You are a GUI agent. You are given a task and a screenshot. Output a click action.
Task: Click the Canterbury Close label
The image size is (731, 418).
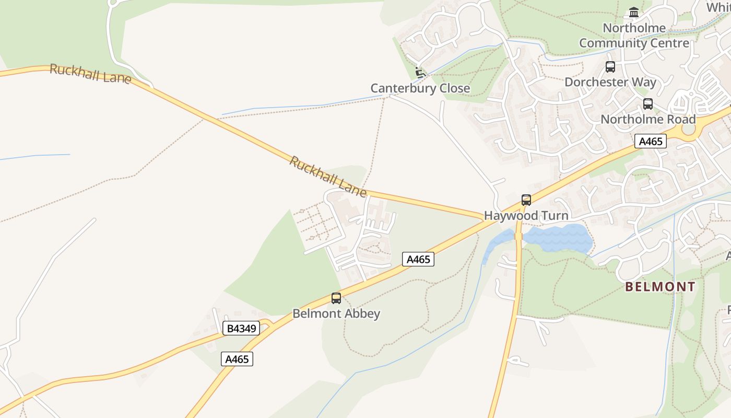[420, 88]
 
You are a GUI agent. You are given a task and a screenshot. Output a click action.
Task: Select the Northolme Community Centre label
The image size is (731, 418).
[634, 36]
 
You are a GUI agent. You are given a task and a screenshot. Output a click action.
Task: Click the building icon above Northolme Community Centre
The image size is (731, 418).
[634, 12]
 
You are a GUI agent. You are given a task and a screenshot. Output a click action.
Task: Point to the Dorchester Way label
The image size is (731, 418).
[610, 82]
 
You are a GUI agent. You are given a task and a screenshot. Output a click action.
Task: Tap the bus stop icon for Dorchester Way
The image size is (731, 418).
[610, 67]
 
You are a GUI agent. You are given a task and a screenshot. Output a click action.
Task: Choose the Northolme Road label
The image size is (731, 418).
[648, 119]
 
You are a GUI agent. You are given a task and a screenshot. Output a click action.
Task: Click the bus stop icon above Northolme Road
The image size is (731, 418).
[648, 104]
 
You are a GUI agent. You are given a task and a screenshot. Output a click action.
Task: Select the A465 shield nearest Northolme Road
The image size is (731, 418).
[651, 141]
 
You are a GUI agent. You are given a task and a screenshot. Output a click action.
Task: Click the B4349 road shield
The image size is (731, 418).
[241, 328]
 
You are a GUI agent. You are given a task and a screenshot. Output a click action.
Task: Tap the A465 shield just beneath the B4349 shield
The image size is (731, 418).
[237, 359]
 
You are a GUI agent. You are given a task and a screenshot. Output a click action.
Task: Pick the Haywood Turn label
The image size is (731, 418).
[526, 215]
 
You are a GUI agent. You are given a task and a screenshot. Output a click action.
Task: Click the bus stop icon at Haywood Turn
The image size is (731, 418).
[526, 200]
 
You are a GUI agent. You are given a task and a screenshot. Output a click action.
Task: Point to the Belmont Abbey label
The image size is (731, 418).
[336, 313]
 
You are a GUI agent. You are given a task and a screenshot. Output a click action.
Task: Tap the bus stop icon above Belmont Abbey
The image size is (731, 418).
[336, 298]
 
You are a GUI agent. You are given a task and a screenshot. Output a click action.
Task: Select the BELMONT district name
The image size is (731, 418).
[660, 287]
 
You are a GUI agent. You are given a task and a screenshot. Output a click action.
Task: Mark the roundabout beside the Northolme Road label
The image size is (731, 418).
[690, 130]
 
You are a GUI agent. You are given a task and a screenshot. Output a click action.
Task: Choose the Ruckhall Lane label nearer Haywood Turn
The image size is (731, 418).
[328, 177]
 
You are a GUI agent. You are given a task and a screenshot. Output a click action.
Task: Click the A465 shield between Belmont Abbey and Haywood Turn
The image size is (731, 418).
[418, 259]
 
